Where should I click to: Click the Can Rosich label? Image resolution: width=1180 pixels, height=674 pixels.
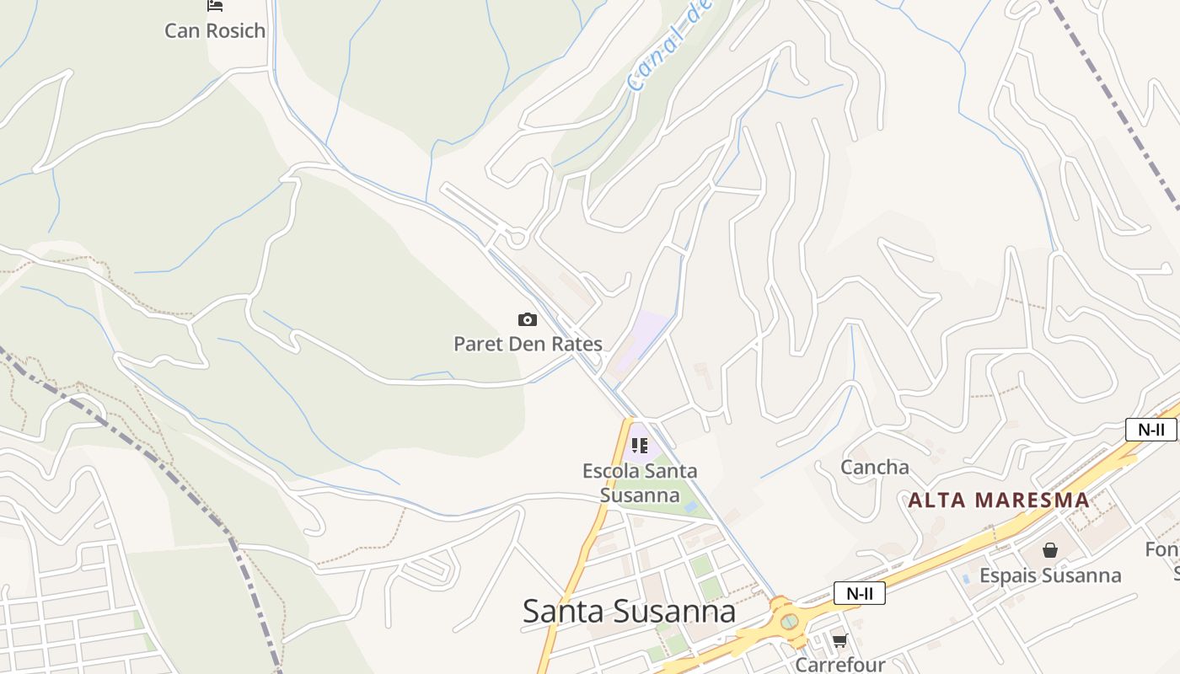[214, 31]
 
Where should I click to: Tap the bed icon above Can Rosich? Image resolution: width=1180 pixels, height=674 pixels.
[215, 6]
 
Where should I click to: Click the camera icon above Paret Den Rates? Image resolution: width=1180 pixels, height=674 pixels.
[528, 319]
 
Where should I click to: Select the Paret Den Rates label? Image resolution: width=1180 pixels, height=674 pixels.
[528, 344]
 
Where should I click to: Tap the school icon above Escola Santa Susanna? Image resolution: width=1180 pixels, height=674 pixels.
[640, 445]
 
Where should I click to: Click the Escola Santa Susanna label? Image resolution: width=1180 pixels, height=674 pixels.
[640, 483]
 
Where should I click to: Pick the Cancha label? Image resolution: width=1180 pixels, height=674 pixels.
[875, 468]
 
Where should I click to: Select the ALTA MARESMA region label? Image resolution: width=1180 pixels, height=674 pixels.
[999, 500]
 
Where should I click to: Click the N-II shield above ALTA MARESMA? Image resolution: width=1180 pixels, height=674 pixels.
[1150, 430]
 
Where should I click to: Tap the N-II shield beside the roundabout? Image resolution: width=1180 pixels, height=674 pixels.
[859, 593]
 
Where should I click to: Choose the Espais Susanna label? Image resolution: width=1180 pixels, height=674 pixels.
[1050, 575]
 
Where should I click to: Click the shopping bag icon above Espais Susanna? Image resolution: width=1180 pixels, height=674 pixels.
[1050, 551]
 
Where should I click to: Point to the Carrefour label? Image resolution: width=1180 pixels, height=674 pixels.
[840, 665]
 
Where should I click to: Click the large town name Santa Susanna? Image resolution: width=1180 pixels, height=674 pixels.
[629, 611]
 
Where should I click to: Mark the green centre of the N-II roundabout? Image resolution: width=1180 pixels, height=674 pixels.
[789, 622]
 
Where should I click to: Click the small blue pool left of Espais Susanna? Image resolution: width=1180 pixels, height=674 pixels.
[966, 579]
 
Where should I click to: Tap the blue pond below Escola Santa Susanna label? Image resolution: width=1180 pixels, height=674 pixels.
[691, 507]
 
